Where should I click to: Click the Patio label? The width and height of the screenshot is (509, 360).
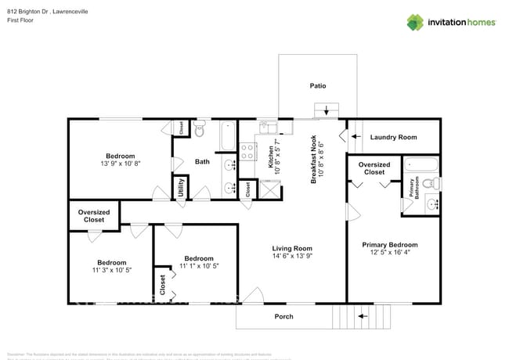[317, 86]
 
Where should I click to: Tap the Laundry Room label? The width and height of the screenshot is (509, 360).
[393, 137]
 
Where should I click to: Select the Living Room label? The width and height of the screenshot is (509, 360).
[292, 252]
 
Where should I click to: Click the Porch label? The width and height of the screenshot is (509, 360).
[283, 317]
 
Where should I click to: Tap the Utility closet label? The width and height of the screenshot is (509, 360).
[180, 188]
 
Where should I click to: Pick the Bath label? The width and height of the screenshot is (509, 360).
[202, 162]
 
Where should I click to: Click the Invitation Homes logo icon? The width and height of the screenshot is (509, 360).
[415, 23]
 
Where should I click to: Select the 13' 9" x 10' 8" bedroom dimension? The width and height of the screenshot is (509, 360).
[120, 164]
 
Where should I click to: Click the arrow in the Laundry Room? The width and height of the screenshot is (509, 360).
[354, 137]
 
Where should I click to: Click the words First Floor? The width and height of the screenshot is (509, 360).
[21, 21]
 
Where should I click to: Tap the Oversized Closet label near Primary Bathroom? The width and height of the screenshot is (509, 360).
[374, 168]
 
